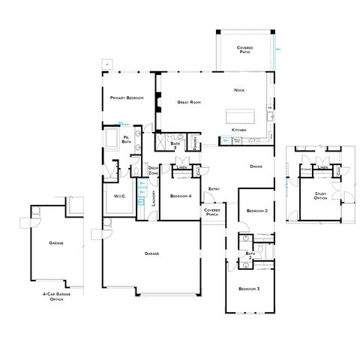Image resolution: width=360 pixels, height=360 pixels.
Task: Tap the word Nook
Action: coord(239,90)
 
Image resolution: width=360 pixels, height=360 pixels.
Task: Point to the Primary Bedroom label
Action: coord(126,98)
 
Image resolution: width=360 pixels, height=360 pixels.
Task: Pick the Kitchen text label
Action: coord(239,130)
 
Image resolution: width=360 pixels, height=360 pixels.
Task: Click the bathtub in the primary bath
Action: coord(112,139)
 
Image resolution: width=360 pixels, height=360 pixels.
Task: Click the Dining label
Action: coord(256,166)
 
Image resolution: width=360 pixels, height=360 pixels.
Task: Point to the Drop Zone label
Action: coord(153,170)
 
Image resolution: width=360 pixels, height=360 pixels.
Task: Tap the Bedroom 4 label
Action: coord(180,196)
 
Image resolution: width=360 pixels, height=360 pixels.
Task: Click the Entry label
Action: coord(214,188)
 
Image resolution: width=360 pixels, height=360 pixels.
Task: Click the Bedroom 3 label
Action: coord(249,289)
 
